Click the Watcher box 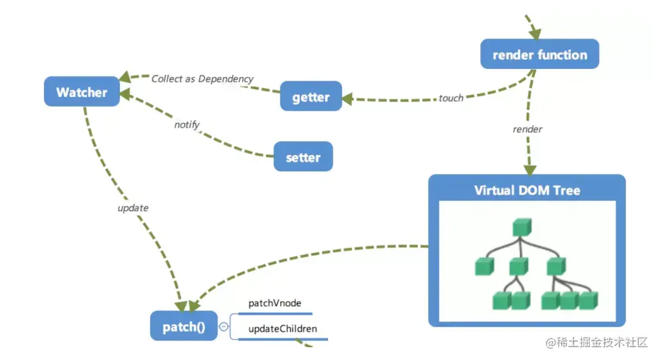pos(82,92)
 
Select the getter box pos(311,97)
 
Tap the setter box pos(303,156)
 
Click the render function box pos(540,55)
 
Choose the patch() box pos(184,327)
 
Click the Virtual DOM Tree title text pos(527,190)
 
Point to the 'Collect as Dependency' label pos(202,79)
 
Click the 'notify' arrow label pos(187,124)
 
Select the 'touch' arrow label pos(451,98)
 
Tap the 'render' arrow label pos(527,129)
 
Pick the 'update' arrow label pos(133,208)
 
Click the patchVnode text pos(274,303)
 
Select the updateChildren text pos(282,329)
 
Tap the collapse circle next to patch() pos(224,327)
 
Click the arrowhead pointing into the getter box pos(348,100)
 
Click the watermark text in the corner pos(596,343)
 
